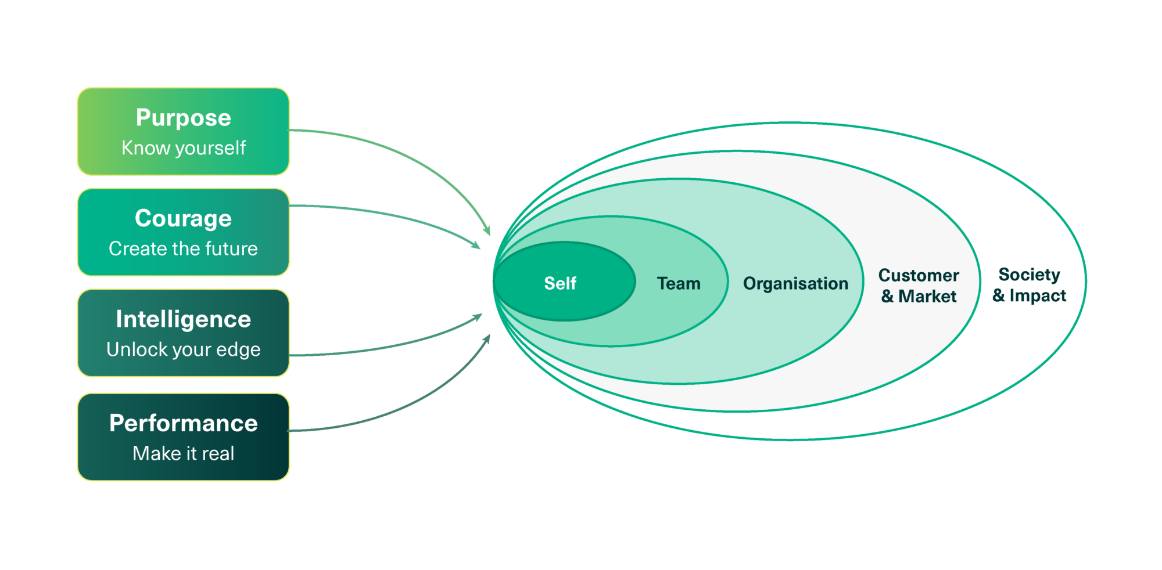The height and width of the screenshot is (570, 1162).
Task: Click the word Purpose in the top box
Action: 184,118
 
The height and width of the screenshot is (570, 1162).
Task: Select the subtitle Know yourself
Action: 184,148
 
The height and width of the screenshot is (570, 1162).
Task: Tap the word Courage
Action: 184,219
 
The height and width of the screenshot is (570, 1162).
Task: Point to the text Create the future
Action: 184,248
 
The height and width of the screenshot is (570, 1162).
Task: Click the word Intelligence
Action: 184,320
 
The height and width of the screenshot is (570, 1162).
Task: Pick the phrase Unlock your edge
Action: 184,349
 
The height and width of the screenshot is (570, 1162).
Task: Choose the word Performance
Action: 184,423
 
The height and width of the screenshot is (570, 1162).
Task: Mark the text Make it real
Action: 184,453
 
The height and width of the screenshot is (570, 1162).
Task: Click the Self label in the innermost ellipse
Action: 560,283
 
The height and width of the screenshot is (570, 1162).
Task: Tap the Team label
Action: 679,283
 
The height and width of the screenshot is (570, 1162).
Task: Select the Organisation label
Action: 796,284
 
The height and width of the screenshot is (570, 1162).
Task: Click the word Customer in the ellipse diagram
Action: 919,275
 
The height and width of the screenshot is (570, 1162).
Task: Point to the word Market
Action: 927,296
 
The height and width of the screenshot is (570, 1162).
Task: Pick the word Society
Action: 1030,275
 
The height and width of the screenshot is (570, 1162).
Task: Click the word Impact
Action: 1038,296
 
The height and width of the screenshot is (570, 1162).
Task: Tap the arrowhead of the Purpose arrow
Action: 487,230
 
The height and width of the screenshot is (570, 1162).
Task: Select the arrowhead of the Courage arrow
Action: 476,246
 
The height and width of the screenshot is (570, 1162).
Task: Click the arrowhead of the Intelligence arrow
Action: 478,317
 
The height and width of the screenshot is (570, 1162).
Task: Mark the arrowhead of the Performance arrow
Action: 487,339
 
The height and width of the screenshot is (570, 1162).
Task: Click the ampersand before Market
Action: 887,296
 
